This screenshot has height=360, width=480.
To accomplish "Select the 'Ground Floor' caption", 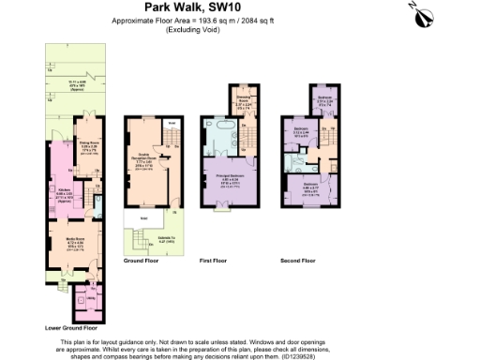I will pos(140,262).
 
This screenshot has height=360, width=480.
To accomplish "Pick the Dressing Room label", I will pos(242,101).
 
